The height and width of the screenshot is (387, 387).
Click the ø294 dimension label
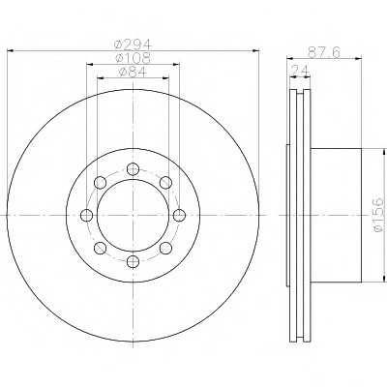pos(133,44)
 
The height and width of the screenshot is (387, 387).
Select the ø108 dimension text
pos(133,57)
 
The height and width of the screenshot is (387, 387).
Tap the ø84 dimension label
pos(133,72)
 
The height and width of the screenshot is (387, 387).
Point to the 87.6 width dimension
pos(324,52)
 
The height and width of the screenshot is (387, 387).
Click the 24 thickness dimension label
pos(300,70)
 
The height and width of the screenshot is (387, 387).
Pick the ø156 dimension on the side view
pos(378,215)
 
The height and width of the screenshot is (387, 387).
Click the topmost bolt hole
pos(133,169)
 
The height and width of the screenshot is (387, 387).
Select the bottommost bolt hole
pos(133,261)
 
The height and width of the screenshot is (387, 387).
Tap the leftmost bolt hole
pos(86,215)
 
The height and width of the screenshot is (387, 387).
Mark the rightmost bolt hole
pos(179,215)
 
